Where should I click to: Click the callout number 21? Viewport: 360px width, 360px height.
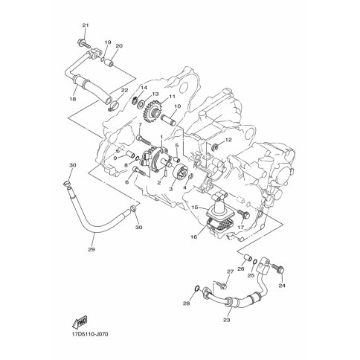click(x=86, y=25)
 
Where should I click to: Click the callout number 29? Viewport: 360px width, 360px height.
click(x=91, y=249)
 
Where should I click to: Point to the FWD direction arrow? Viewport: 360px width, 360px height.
click(x=80, y=323)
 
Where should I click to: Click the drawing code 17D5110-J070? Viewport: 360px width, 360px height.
click(x=89, y=335)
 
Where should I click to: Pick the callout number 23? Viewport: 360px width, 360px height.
click(x=226, y=320)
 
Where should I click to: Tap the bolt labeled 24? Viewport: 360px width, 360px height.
click(x=278, y=269)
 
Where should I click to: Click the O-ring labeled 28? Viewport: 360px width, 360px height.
click(x=197, y=289)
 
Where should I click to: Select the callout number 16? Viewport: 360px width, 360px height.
click(x=193, y=237)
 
